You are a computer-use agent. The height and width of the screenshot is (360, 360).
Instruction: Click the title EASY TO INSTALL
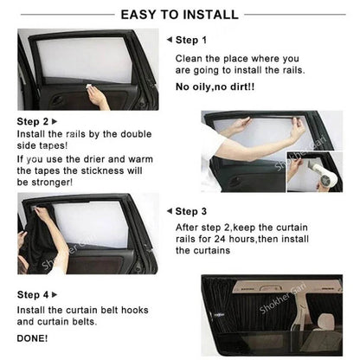click(180, 15)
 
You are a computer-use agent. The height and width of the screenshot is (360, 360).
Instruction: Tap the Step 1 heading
click(191, 41)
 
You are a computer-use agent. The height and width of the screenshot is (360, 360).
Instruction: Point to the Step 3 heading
click(191, 210)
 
